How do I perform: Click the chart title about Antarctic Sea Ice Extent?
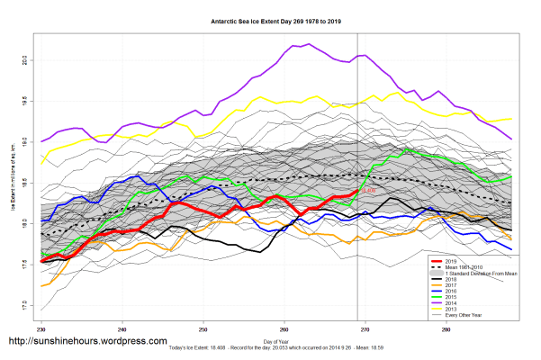(x=270, y=21)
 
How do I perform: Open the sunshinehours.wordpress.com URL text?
(x=87, y=342)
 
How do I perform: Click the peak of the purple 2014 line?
(x=309, y=43)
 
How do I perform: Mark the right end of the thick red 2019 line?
(x=358, y=191)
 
